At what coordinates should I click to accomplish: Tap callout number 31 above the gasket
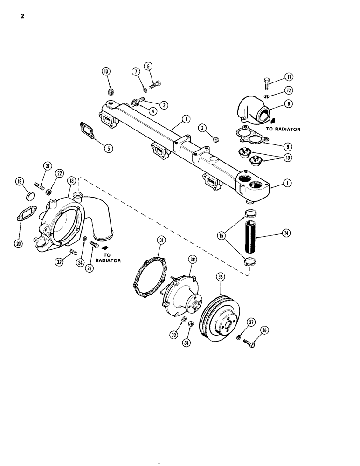[161, 240]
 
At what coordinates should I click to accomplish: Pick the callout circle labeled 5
[108, 149]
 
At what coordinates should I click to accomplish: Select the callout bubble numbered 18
[71, 181]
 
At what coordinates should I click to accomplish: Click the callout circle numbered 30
[193, 259]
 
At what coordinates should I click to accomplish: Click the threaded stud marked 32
[73, 253]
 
